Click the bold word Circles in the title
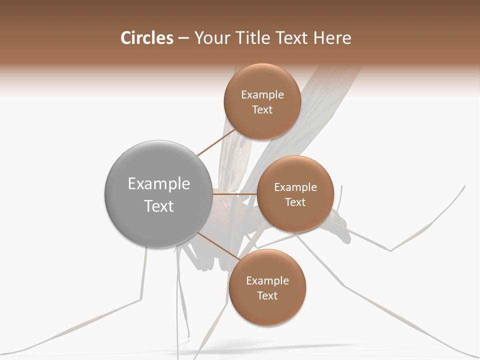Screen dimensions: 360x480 pos(146,38)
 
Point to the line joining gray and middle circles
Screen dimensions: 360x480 pos(235,194)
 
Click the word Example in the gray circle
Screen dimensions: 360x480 pos(158,184)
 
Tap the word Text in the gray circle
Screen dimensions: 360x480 pos(158,206)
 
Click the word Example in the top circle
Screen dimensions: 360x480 pos(262,95)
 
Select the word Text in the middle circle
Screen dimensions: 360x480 pos(295,202)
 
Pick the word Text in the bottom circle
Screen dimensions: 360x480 pos(267,295)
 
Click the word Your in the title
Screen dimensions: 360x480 pos(208,38)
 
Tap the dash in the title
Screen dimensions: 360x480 pos(183,38)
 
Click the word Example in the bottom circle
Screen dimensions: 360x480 pos(267,280)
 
